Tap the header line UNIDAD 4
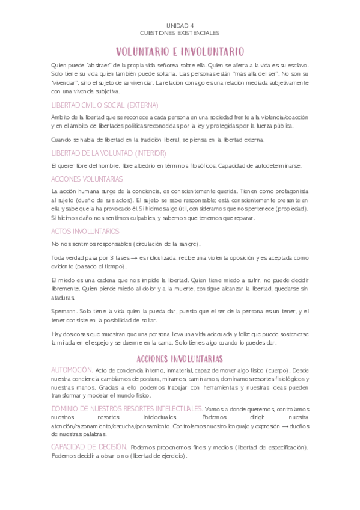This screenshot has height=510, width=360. coord(180,26)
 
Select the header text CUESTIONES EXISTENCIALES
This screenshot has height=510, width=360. coord(180,32)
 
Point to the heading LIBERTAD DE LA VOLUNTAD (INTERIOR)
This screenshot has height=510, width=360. coord(100,153)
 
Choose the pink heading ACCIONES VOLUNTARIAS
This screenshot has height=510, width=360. coord(87,179)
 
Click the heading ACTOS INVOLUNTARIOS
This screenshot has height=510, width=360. coord(85,231)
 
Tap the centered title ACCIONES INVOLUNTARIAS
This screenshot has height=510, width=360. coord(180,358)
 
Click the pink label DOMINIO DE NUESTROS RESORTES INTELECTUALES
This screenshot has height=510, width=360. coord(127,408)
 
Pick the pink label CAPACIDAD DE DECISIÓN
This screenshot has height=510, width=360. coord(89,447)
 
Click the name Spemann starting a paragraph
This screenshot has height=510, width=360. coord(64,311)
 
